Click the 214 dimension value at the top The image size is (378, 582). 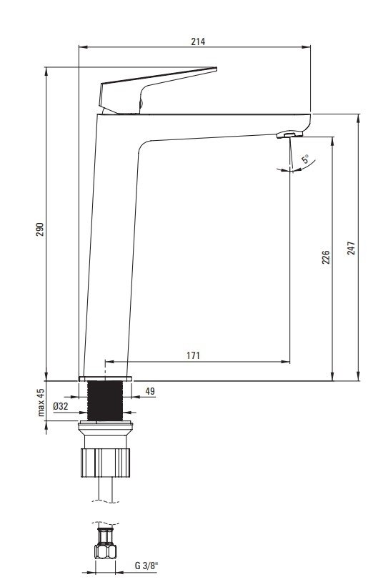pyautogui.click(x=198, y=41)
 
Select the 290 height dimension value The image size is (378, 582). pyautogui.click(x=40, y=230)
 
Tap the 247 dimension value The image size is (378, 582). pyautogui.click(x=351, y=247)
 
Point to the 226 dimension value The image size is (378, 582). pyautogui.click(x=325, y=257)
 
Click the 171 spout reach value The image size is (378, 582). pyautogui.click(x=193, y=355)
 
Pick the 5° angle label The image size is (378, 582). pyautogui.click(x=305, y=159)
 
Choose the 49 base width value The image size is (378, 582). pyautogui.click(x=150, y=391)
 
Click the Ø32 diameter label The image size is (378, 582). pyautogui.click(x=61, y=406)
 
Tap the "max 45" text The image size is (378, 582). pyautogui.click(x=41, y=403)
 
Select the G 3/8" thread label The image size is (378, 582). pyautogui.click(x=146, y=566)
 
